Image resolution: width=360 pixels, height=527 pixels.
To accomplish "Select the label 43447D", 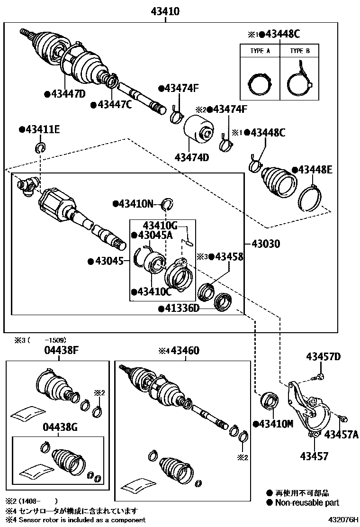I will point(67,94).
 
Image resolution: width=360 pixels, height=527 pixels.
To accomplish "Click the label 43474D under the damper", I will point(191,157).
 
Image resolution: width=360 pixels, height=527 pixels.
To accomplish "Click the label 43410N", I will point(136,204).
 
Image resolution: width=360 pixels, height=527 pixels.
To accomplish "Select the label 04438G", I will point(61,427).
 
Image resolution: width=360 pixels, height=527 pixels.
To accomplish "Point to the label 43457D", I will point(323,356).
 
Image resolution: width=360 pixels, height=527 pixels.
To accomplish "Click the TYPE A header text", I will point(260,51).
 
